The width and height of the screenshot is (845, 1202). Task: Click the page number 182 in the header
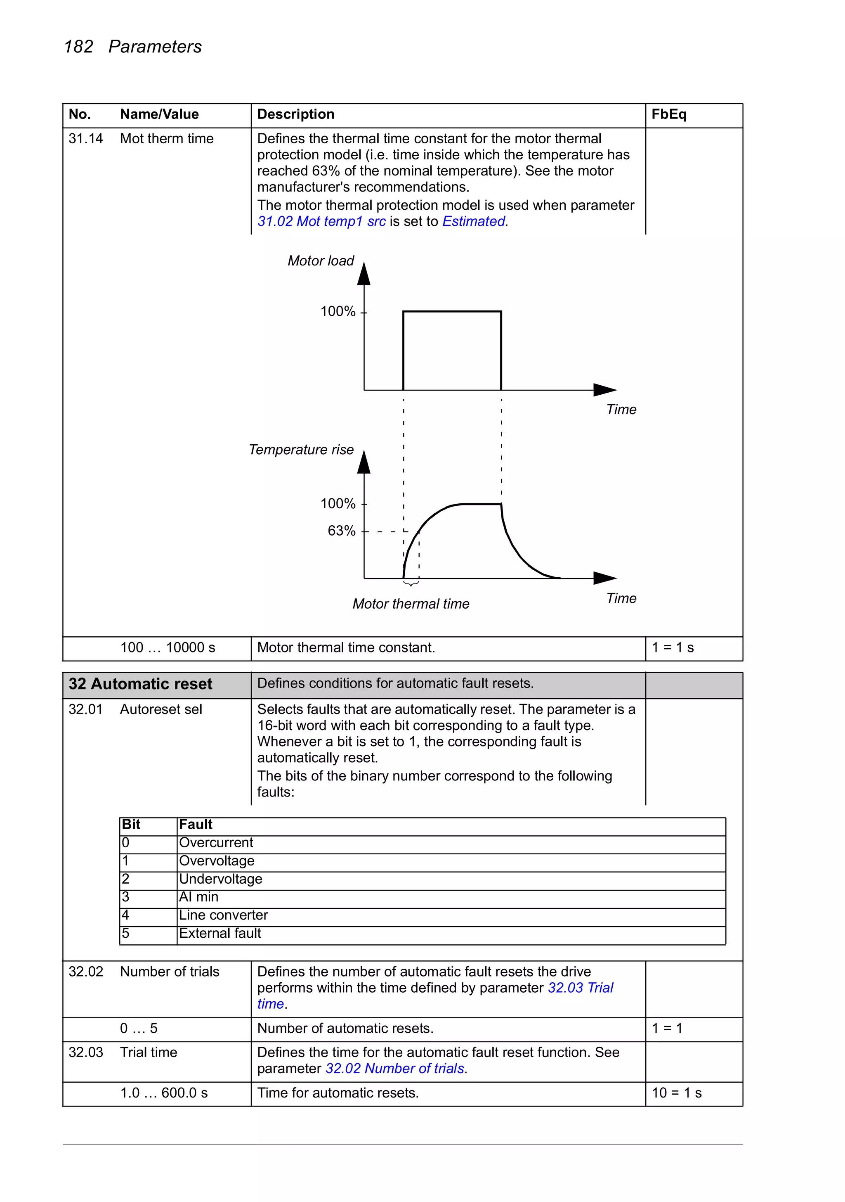(78, 47)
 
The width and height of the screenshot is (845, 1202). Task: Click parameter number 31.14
(86, 139)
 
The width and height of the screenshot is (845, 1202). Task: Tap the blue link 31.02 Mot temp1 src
(321, 221)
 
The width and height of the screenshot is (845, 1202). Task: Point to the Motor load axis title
(320, 261)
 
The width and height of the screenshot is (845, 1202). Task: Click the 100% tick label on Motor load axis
(338, 311)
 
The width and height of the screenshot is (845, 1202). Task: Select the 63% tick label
(341, 531)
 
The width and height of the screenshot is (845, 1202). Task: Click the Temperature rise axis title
(301, 450)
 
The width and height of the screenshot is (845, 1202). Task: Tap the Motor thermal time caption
(411, 604)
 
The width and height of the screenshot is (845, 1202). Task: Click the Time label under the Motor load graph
(621, 409)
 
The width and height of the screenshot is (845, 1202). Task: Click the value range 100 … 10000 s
(168, 647)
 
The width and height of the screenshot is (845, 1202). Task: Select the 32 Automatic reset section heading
(140, 684)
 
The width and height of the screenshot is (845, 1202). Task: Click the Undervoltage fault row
(220, 879)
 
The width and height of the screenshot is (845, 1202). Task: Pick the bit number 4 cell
(125, 915)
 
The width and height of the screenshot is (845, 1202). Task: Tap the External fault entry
(220, 934)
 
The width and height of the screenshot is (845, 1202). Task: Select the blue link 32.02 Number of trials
(395, 1069)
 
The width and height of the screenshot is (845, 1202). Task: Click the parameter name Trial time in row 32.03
(149, 1052)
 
